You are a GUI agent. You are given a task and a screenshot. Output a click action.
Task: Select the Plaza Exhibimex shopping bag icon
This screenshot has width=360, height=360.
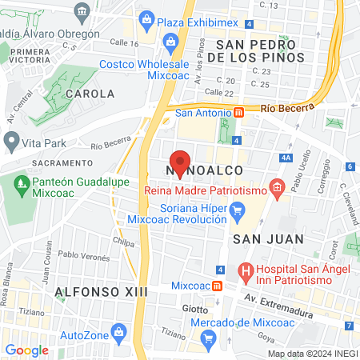coord(146,18)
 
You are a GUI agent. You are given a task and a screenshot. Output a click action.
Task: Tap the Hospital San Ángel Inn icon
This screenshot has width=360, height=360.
coord(247,274)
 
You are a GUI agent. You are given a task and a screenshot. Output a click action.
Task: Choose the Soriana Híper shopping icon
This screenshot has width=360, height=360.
coord(237,211)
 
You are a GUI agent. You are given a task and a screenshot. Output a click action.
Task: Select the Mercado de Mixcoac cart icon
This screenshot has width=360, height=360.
coord(208,338)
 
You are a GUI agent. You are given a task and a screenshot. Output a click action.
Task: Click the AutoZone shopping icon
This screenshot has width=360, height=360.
coord(118,330)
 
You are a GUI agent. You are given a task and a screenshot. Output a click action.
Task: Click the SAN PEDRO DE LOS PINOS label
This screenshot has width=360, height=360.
coord(255,49)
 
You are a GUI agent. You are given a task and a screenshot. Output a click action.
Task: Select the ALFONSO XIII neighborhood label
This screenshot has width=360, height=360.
coord(102,292)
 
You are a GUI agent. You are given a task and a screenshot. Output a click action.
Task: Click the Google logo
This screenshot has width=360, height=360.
coord(27,350)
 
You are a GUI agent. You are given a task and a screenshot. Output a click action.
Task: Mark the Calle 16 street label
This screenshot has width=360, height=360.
coord(124,42)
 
